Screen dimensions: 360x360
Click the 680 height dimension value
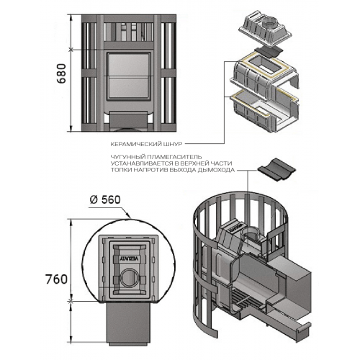(62, 73)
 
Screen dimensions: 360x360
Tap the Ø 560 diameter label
(105, 199)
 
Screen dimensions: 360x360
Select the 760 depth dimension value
(57, 279)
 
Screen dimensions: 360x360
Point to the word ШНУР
(174, 144)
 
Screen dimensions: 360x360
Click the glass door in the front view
(127, 76)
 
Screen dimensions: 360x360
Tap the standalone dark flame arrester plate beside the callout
(276, 169)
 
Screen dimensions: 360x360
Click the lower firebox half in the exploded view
(265, 112)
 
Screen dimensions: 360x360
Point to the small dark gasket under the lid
(269, 52)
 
